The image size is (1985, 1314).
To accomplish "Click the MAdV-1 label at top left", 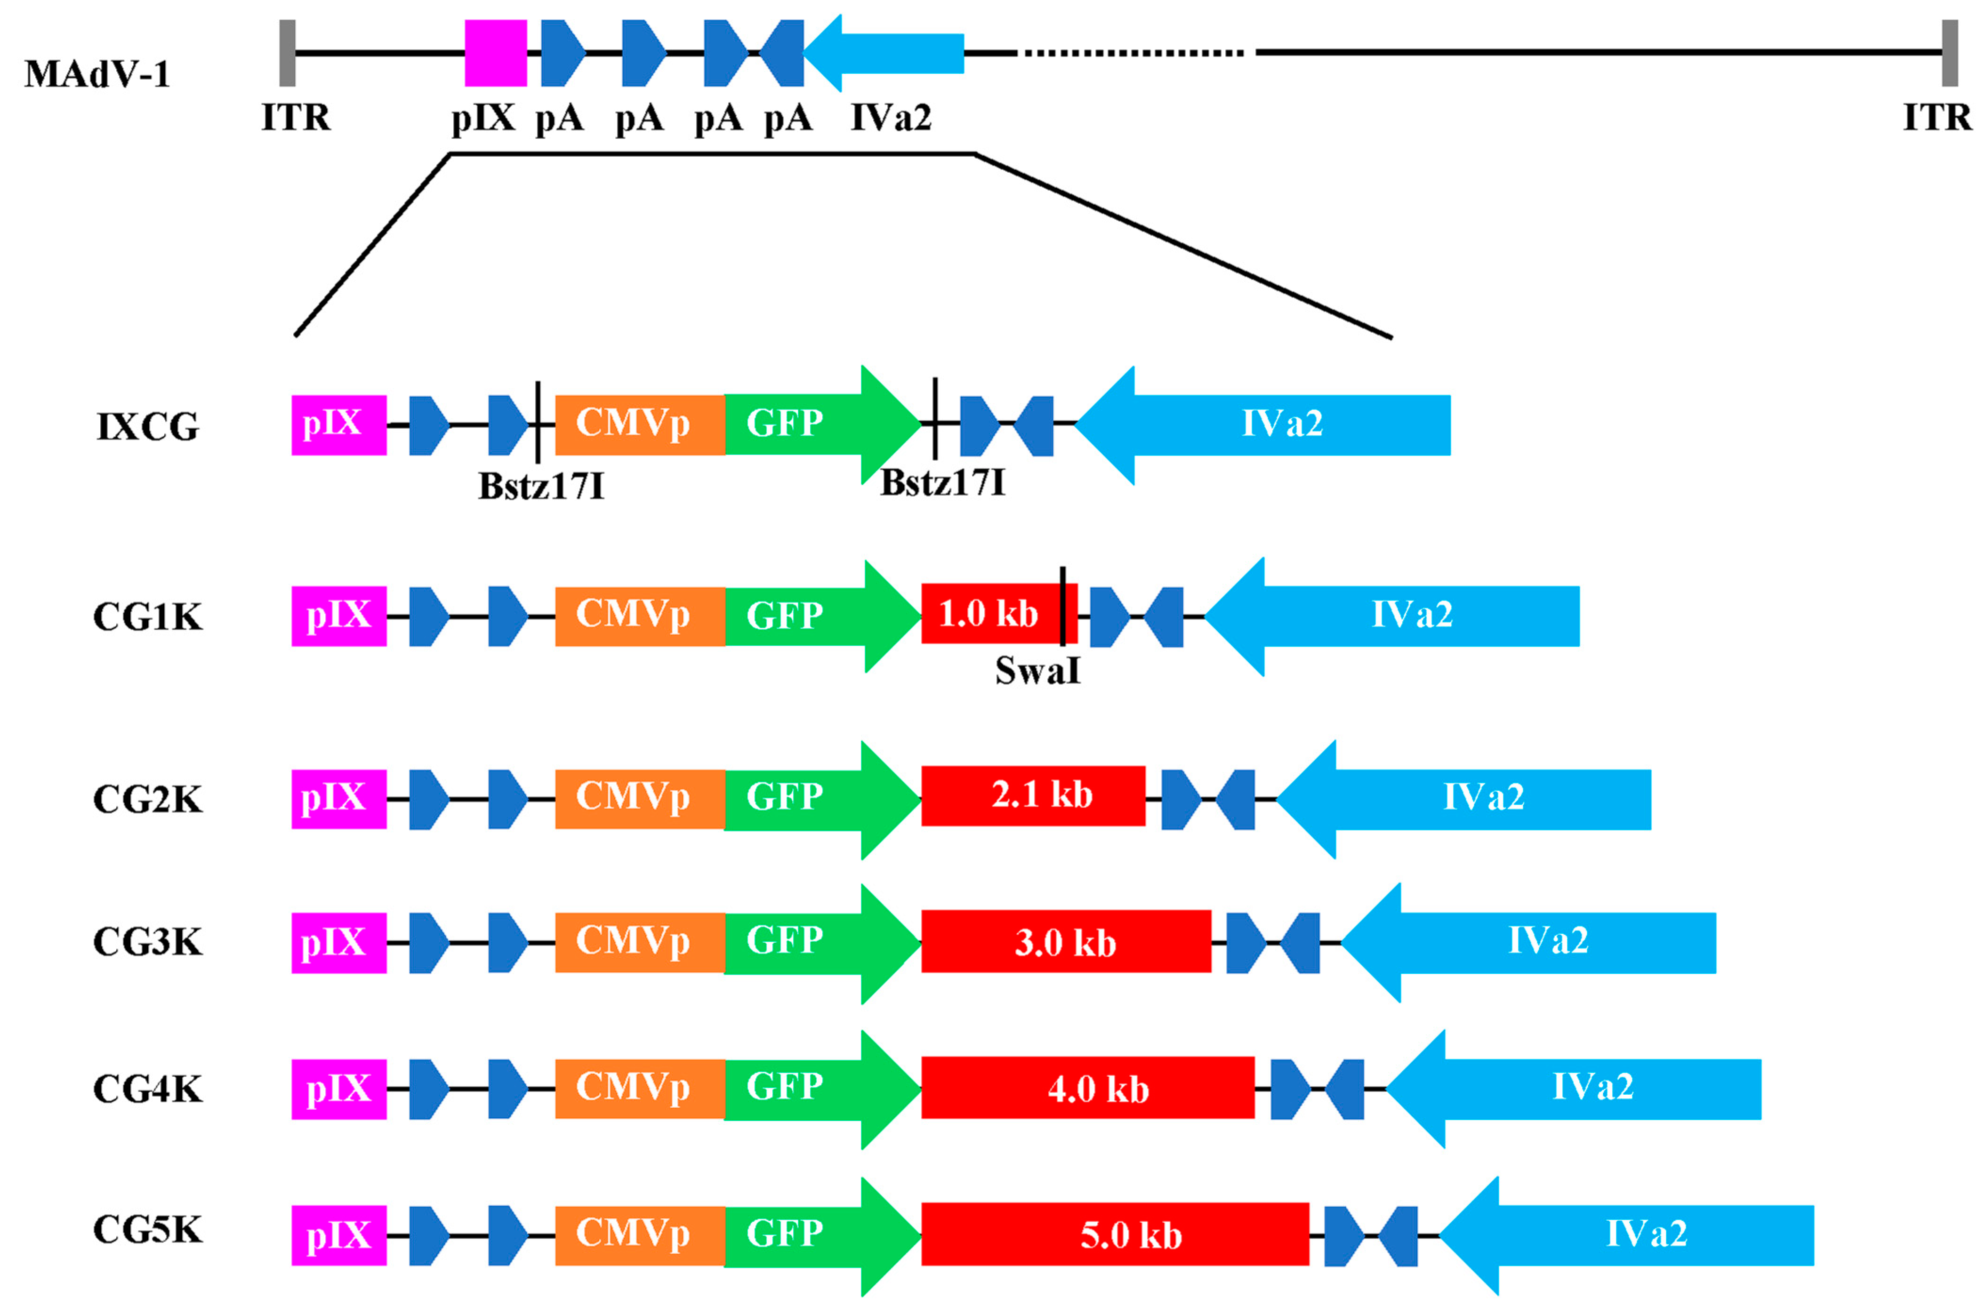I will (96, 74).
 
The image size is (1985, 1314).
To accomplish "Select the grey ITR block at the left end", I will (288, 53).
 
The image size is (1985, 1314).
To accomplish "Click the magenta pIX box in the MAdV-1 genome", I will (495, 53).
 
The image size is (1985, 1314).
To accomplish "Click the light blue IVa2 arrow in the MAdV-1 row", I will (888, 53).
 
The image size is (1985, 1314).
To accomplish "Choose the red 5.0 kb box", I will (1115, 1234).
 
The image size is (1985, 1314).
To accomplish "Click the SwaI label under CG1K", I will (1037, 670).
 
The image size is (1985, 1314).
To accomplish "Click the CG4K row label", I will (147, 1089).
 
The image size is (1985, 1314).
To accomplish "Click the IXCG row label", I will (147, 426).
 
